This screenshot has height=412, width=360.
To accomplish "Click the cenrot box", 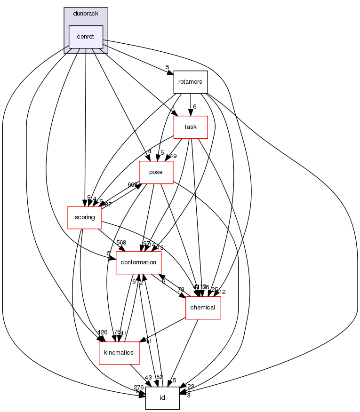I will pyautogui.click(x=86, y=37).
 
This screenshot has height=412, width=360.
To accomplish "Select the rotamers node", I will pyautogui.click(x=190, y=82).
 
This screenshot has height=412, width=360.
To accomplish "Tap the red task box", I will pyautogui.click(x=191, y=127).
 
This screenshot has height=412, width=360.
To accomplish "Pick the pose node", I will pyautogui.click(x=156, y=172).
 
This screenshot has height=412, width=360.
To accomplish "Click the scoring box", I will pyautogui.click(x=85, y=217).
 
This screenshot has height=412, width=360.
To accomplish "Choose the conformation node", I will pyautogui.click(x=139, y=262).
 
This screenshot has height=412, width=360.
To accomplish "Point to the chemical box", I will pyautogui.click(x=203, y=308).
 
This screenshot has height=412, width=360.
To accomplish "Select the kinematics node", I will pyautogui.click(x=119, y=353).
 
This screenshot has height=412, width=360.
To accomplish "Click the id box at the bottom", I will pyautogui.click(x=162, y=398).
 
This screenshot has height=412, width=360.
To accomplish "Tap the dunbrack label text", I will pyautogui.click(x=86, y=14).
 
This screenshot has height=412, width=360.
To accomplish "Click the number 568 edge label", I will pyautogui.click(x=121, y=243).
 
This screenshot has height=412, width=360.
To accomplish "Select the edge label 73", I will pyautogui.click(x=181, y=289).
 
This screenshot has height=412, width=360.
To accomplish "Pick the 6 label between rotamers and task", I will pyautogui.click(x=194, y=106).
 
